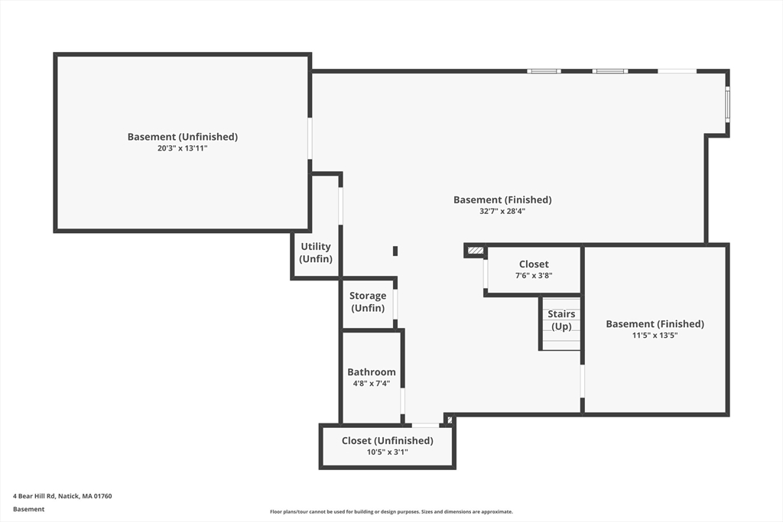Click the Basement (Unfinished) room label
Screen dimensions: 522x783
point(182,137)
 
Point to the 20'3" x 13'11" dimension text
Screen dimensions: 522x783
point(182,148)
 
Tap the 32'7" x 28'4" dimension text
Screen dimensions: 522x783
point(502,211)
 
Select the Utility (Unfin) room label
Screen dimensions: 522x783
point(316,252)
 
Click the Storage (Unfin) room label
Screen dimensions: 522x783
point(368,302)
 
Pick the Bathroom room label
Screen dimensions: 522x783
point(372,372)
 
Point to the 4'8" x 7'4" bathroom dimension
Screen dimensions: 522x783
point(372,384)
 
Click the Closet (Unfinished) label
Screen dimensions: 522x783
point(387,440)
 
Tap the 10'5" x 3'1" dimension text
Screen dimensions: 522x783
point(387,452)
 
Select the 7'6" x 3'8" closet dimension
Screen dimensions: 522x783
point(534,276)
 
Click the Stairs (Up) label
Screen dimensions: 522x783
point(561,320)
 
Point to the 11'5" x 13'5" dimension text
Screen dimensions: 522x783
point(655,335)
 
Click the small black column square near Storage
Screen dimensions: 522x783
point(395,251)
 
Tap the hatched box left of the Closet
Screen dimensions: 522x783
point(476,250)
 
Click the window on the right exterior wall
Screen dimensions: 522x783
point(727,105)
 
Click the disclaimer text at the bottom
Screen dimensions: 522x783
point(391,512)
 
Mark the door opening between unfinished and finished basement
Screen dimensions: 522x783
point(310,138)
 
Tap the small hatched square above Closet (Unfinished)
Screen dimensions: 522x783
point(449,420)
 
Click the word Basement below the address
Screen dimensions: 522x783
point(29,509)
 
